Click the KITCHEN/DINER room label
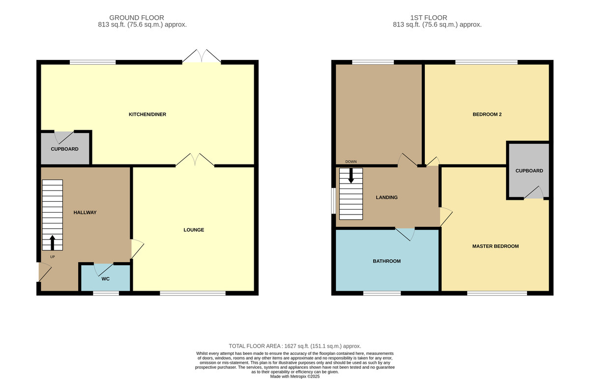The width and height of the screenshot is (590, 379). coord(147,114)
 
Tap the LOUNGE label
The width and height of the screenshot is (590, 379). coord(194,230)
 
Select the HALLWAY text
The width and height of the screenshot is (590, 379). coord(85,213)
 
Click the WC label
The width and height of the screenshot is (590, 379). coord(105,279)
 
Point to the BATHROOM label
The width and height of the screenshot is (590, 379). coord(386,261)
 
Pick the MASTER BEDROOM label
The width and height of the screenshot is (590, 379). coord(496,246)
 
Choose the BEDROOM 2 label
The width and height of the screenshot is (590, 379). coord(487,114)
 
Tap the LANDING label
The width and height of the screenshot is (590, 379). coord(386,197)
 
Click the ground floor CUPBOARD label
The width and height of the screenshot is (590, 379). coord(64,149)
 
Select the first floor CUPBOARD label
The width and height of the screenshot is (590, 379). coord(529,171)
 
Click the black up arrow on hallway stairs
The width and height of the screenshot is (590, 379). coord(52,243)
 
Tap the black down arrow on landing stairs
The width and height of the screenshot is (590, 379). coord(351,176)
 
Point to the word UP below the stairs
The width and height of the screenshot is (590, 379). coord(53,257)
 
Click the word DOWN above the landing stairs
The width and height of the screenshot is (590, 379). coord(351,162)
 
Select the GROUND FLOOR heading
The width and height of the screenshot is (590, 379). coord(137,18)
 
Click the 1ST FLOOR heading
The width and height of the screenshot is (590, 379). coord(429,18)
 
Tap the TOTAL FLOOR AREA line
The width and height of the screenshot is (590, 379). coord(295,346)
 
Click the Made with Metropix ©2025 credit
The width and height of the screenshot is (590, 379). coord(295,377)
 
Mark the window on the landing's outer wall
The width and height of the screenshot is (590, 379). coord(333,201)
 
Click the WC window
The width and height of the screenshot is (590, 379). coord(106,293)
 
